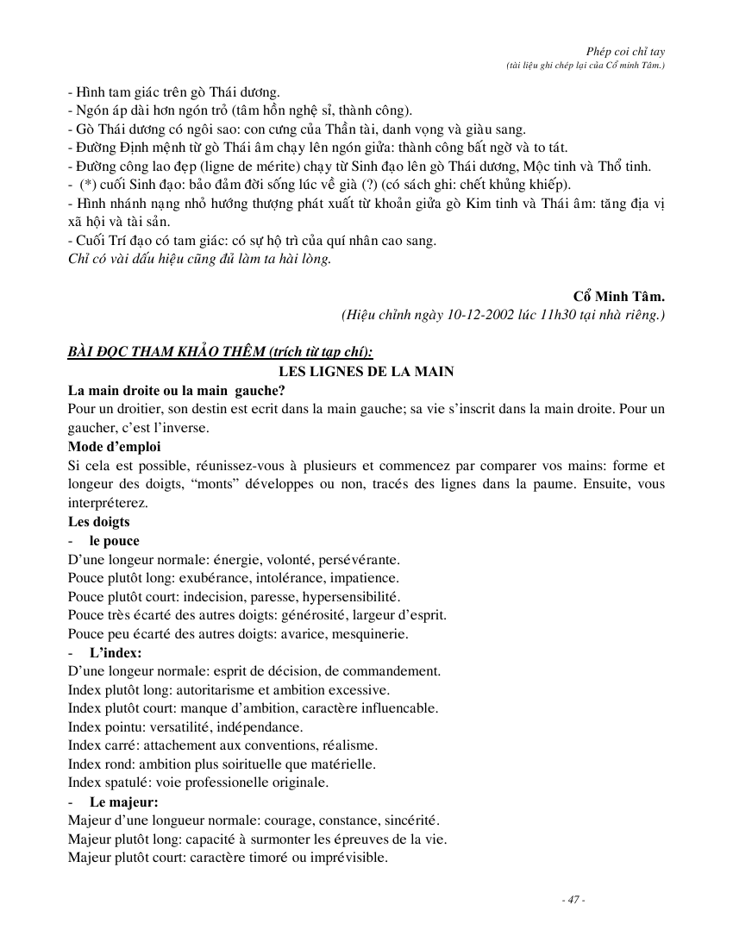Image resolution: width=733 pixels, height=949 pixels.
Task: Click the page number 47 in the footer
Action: tap(573, 900)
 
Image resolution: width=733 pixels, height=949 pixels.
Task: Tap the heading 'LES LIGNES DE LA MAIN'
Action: tap(366, 371)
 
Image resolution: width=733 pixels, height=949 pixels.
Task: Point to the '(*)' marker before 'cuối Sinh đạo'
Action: tap(86, 185)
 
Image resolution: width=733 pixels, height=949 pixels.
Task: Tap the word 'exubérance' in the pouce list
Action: tap(201, 578)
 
